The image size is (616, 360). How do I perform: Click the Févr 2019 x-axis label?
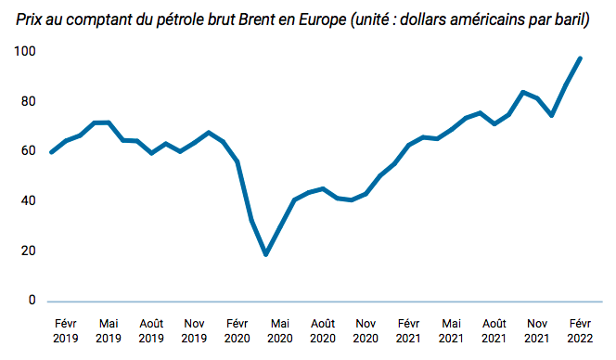coord(65,331)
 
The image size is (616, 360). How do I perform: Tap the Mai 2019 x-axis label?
coord(109,331)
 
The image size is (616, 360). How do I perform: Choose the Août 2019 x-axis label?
coord(151,331)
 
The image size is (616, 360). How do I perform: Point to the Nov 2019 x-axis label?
coord(194,331)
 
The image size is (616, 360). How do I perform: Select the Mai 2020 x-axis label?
coord(279,331)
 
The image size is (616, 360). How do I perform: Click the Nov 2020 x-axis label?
coord(366,331)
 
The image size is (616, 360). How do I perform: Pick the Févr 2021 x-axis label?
coord(408,331)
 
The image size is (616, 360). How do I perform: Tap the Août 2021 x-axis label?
coord(494,331)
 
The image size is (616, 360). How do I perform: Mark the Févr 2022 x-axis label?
coord(580,331)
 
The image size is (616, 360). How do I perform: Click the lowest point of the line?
coord(266,254)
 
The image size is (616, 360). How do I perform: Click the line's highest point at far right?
coord(581,58)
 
